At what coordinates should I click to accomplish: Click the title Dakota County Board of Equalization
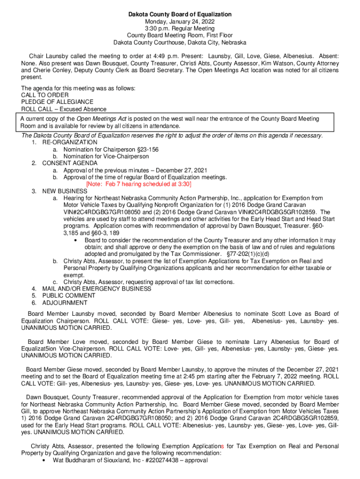click(180, 15)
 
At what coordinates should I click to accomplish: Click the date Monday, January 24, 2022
click(180, 22)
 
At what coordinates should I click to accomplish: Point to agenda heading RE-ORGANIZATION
click(70, 142)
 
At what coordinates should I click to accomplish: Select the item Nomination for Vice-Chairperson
click(106, 156)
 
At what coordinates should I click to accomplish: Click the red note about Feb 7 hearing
click(139, 184)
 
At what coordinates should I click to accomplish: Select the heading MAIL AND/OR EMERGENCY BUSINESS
click(97, 289)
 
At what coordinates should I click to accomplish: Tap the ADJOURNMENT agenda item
click(65, 303)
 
